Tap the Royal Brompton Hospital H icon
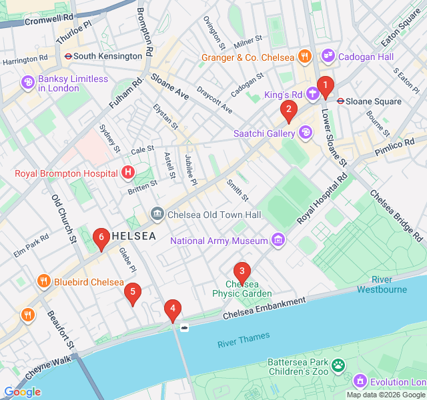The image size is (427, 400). pyautogui.click(x=128, y=173)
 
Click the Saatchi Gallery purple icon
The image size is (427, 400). pyautogui.click(x=306, y=133)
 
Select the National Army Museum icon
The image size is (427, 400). pyautogui.click(x=278, y=240)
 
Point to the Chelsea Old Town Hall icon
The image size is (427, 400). pyautogui.click(x=157, y=215)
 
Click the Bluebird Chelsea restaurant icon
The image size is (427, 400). pyautogui.click(x=44, y=281)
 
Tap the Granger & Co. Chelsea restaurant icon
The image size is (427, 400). pyautogui.click(x=304, y=57)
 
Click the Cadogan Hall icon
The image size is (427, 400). pyautogui.click(x=328, y=57)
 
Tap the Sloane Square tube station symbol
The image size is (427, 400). pyautogui.click(x=340, y=101)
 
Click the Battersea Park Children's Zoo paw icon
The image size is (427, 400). pyautogui.click(x=340, y=365)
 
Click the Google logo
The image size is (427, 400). pyautogui.click(x=22, y=392)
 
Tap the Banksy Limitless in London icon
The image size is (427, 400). pyautogui.click(x=28, y=83)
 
